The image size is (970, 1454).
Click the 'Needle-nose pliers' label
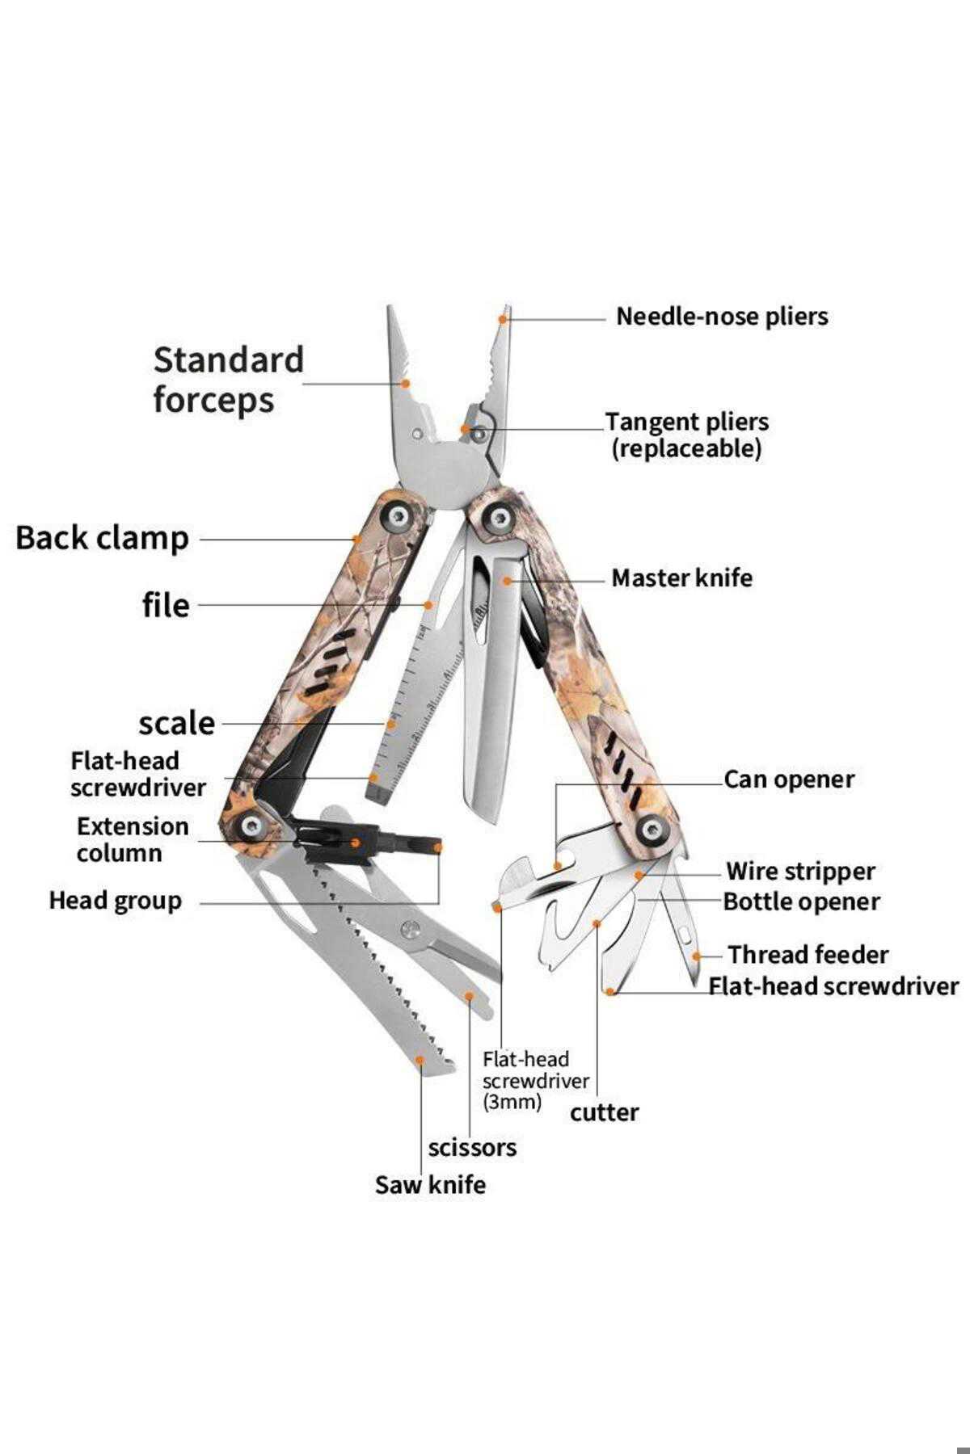[x=722, y=317]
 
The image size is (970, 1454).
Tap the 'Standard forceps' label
[x=229, y=380]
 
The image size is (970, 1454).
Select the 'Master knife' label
[x=681, y=578]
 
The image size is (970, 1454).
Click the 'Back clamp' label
[x=102, y=539]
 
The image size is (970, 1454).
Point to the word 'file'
[x=166, y=605]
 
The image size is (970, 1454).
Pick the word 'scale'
[x=177, y=723]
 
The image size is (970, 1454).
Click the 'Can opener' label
[x=789, y=780]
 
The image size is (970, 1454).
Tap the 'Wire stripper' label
[x=800, y=872]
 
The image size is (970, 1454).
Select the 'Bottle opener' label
[x=801, y=901]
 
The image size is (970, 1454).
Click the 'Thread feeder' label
[x=808, y=955]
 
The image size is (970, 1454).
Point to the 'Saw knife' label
[x=430, y=1185]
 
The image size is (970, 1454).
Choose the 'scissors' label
[x=472, y=1148]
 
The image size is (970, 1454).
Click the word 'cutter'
[x=604, y=1113]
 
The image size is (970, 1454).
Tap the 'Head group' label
[x=115, y=901]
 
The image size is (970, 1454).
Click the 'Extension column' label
[x=133, y=840]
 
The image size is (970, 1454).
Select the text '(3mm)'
[x=512, y=1102]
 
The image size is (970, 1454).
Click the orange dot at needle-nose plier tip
[x=503, y=320]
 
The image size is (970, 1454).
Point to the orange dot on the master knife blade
[x=507, y=580]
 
